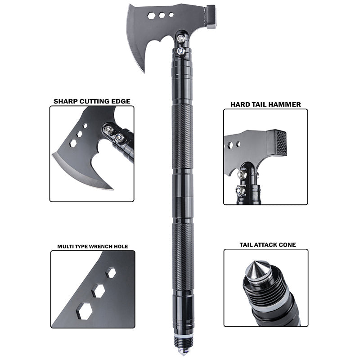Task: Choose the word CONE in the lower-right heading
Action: point(288,245)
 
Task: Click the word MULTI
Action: point(65,246)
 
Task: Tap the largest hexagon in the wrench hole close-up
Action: point(84,310)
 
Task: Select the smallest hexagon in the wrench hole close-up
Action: point(110,273)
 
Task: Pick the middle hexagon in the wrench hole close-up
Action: point(98,291)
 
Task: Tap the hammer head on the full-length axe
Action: point(210,17)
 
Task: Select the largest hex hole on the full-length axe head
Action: point(151,15)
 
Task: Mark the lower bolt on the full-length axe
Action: point(180,52)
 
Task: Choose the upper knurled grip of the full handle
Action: point(183,135)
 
